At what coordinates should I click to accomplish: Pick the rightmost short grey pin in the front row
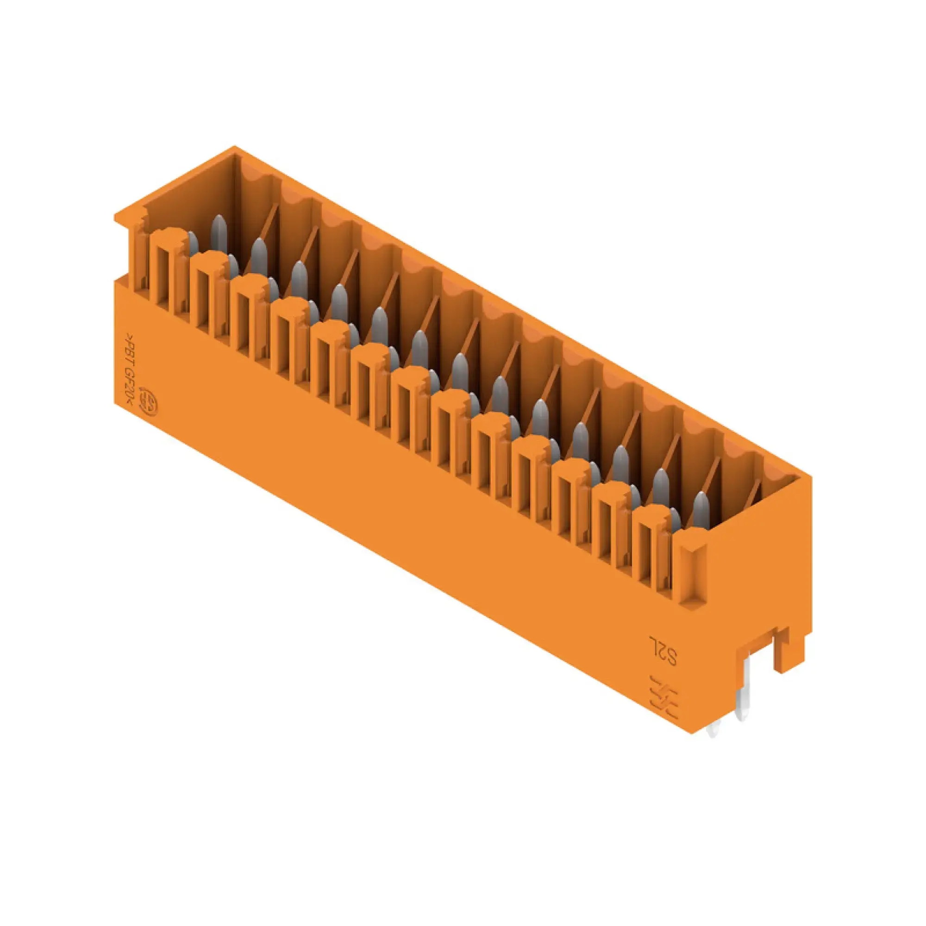point(675,520)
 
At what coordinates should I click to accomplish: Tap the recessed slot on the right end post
point(694,573)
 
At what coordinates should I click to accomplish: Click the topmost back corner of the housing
point(234,147)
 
